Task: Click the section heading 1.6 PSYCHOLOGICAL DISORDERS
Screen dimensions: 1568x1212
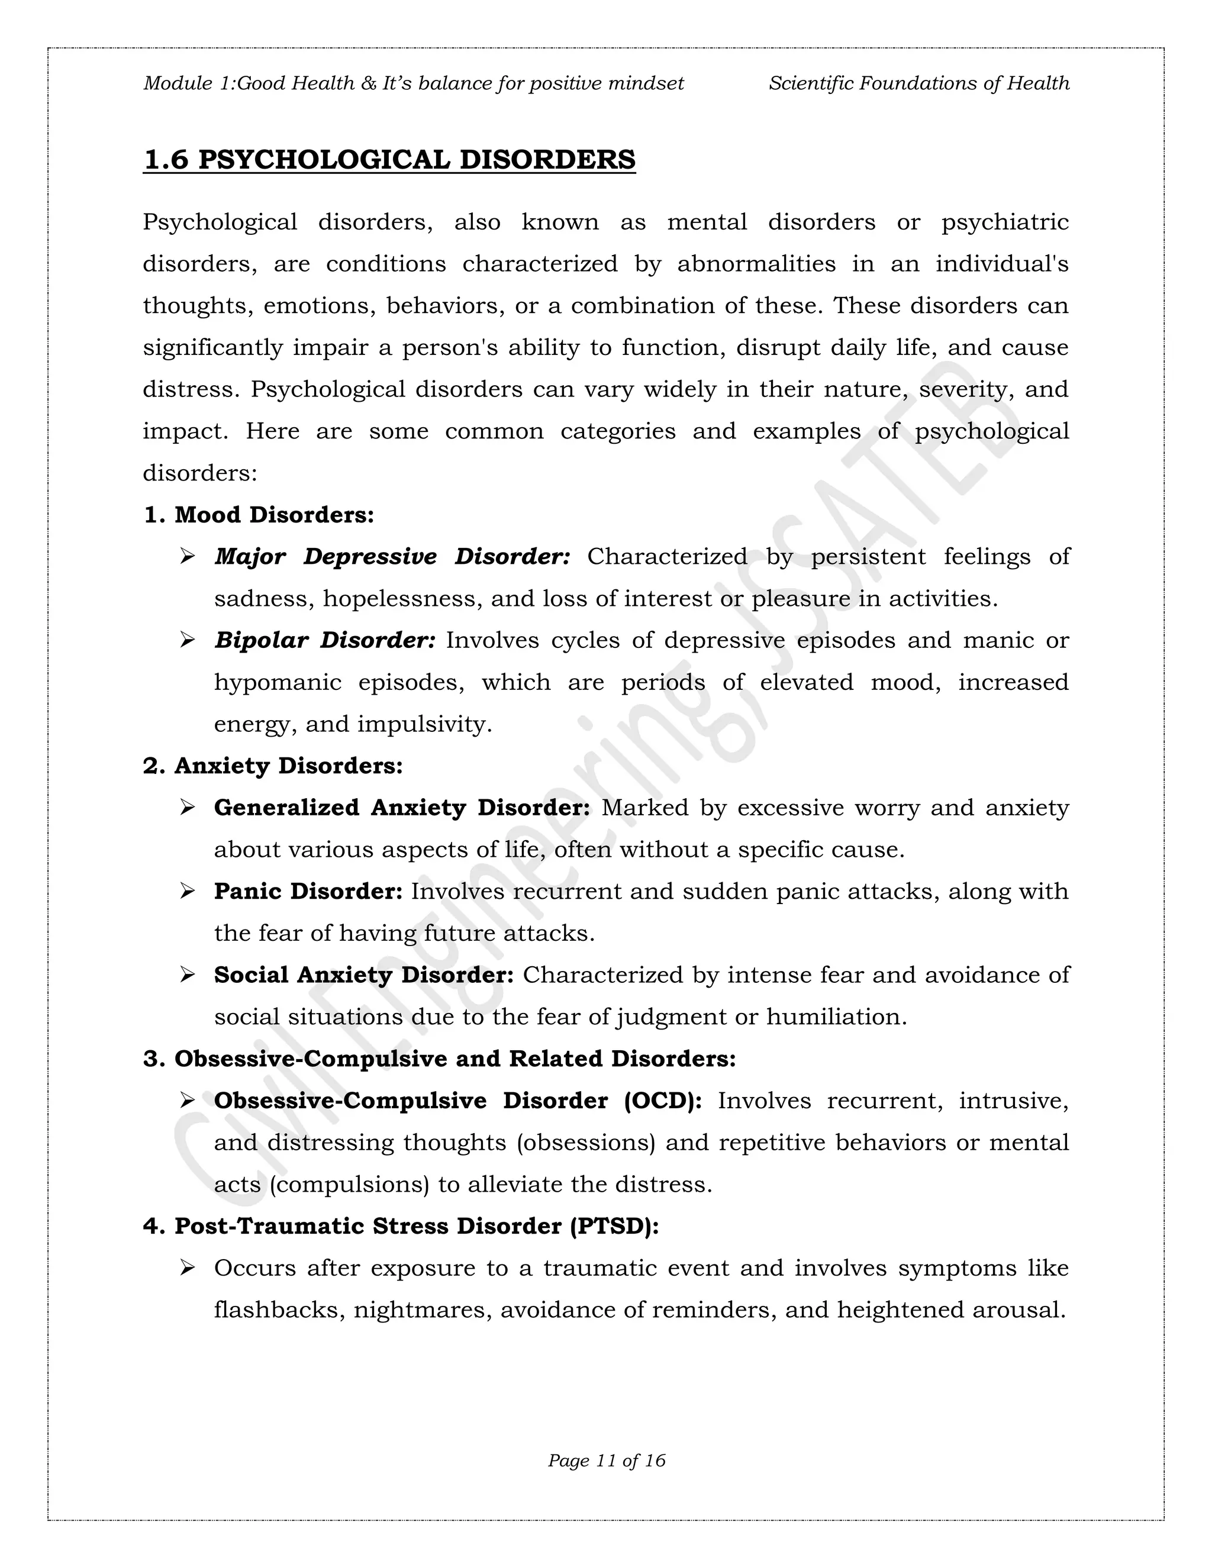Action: [389, 159]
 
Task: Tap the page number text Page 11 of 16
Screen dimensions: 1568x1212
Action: [606, 1460]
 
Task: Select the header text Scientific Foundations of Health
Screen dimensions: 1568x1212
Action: [918, 83]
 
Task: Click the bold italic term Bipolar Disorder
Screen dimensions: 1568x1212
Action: [324, 640]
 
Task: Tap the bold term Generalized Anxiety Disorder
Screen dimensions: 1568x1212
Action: [401, 808]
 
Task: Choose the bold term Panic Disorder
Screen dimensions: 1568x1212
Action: [308, 891]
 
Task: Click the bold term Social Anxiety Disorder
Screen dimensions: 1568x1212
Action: [363, 975]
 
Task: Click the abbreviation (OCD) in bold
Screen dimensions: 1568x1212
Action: [663, 1101]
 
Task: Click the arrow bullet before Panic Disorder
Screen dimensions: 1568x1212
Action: [188, 891]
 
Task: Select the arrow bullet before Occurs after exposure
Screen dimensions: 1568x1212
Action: [188, 1268]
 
